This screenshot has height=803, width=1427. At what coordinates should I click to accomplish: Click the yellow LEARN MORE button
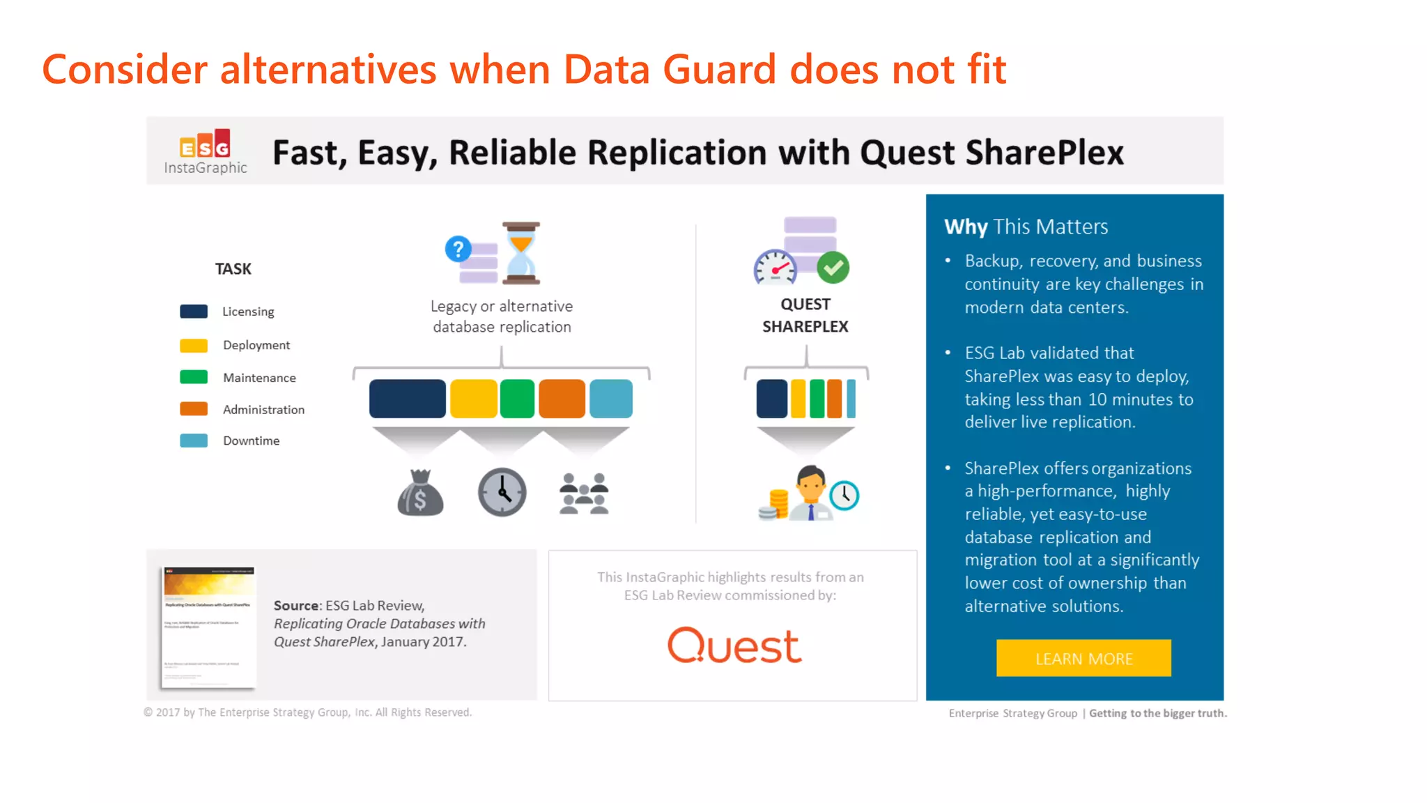(x=1083, y=658)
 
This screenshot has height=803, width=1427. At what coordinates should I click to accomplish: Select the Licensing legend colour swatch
(x=194, y=312)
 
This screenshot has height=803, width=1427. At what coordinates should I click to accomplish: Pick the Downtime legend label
(x=251, y=441)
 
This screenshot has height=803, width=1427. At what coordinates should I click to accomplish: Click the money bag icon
(x=420, y=493)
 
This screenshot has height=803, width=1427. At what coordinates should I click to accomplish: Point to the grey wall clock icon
(x=502, y=492)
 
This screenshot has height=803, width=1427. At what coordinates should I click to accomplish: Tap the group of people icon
(x=584, y=494)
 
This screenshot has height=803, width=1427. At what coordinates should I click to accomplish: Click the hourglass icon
(x=521, y=253)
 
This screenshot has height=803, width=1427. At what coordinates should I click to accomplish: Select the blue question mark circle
(x=458, y=249)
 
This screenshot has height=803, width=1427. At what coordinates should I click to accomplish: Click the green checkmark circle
(x=833, y=268)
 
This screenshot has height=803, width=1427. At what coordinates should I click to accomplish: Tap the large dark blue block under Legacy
(x=408, y=399)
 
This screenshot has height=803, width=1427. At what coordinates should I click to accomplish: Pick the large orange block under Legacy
(x=562, y=399)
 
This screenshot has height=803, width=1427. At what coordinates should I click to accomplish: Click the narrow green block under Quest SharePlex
(x=817, y=399)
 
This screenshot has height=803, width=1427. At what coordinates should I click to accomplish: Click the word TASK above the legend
(x=233, y=269)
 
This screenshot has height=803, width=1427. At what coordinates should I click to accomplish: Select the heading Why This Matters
(x=1026, y=227)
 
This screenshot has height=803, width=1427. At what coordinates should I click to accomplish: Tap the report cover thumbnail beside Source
(x=208, y=627)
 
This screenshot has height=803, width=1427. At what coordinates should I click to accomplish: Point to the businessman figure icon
(x=811, y=493)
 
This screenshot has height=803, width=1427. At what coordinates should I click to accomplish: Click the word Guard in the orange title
(x=718, y=70)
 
